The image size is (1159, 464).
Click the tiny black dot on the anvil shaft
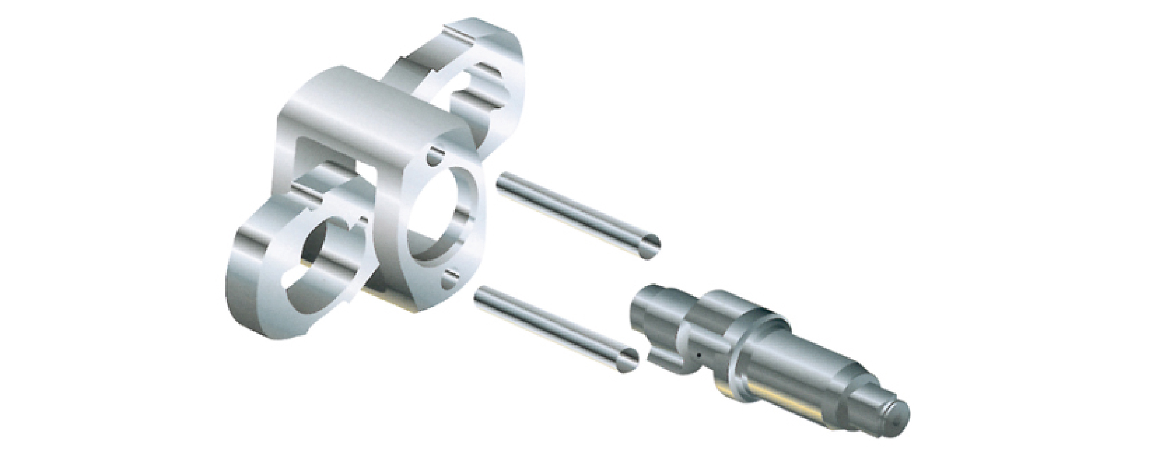click(x=697, y=354)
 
